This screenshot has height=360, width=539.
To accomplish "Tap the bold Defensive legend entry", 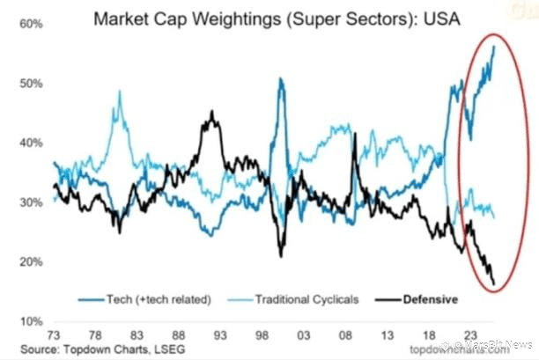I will click(x=430, y=299).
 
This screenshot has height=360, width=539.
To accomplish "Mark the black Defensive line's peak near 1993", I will click(x=211, y=113).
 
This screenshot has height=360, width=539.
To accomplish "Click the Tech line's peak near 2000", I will click(x=280, y=79).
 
